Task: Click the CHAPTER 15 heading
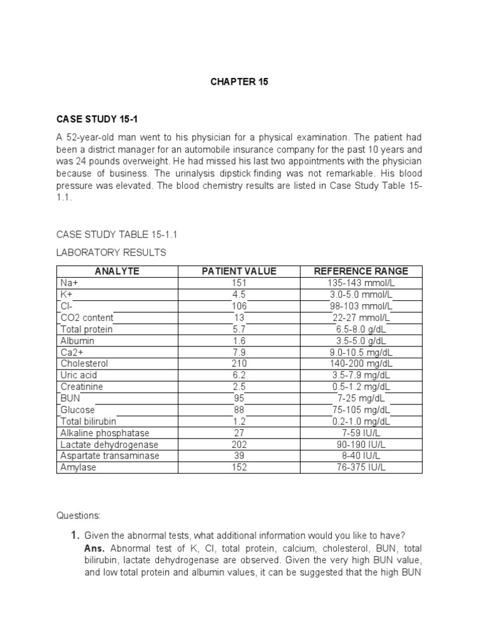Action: pos(239,82)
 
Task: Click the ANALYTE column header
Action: pos(117,271)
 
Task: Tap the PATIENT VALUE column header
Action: pos(239,271)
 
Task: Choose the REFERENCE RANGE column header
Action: pos(361,271)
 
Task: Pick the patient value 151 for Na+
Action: pos(239,283)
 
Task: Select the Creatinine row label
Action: pos(82,387)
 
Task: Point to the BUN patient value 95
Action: pos(239,398)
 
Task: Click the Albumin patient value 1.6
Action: pos(239,341)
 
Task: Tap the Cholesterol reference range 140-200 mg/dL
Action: pos(361,364)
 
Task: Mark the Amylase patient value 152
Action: pos(239,467)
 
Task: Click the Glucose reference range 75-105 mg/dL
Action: pos(361,410)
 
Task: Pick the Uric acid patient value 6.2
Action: pos(239,375)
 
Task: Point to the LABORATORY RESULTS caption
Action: pos(112,252)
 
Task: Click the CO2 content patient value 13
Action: pos(239,318)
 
